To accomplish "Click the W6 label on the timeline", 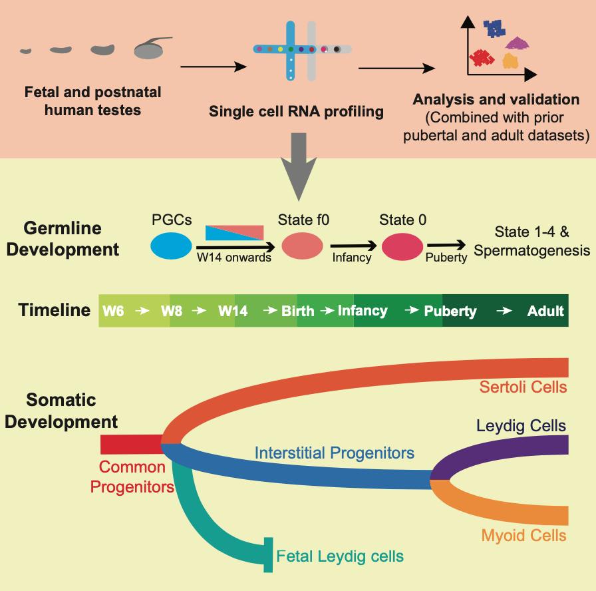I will tap(113, 311).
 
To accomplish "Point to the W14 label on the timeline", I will tap(233, 311).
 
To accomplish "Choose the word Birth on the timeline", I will tap(297, 311).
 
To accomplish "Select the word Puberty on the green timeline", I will tap(450, 311).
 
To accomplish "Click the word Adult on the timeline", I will tap(545, 311).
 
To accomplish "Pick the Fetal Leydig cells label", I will tap(340, 556).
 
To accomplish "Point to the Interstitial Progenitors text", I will tap(335, 453).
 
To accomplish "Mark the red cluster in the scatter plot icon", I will tap(481, 58).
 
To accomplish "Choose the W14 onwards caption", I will tap(233, 258).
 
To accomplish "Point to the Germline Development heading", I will tap(72, 239).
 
